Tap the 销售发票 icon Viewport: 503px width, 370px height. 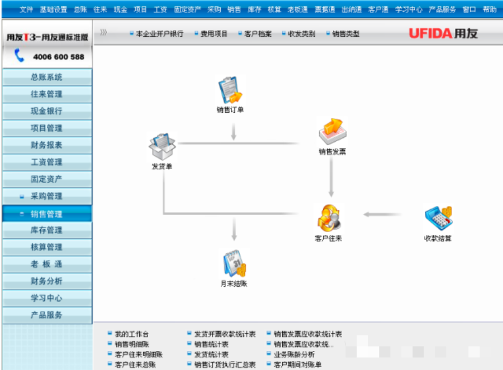click(332, 132)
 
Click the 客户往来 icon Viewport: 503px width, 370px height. click(328, 218)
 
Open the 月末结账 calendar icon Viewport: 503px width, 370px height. click(234, 263)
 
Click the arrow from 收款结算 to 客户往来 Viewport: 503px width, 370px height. click(382, 214)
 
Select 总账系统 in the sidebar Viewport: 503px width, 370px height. click(46, 77)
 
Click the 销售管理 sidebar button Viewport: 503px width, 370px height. click(46, 214)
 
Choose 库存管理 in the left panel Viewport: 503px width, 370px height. click(46, 230)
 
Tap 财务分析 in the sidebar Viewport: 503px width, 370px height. click(46, 281)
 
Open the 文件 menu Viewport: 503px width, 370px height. click(26, 9)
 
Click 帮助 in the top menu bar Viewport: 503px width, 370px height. click(489, 9)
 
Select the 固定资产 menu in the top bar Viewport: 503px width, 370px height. click(187, 9)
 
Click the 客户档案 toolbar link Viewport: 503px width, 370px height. click(258, 33)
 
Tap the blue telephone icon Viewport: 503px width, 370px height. click(20, 56)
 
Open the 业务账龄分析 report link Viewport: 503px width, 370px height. click(294, 354)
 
